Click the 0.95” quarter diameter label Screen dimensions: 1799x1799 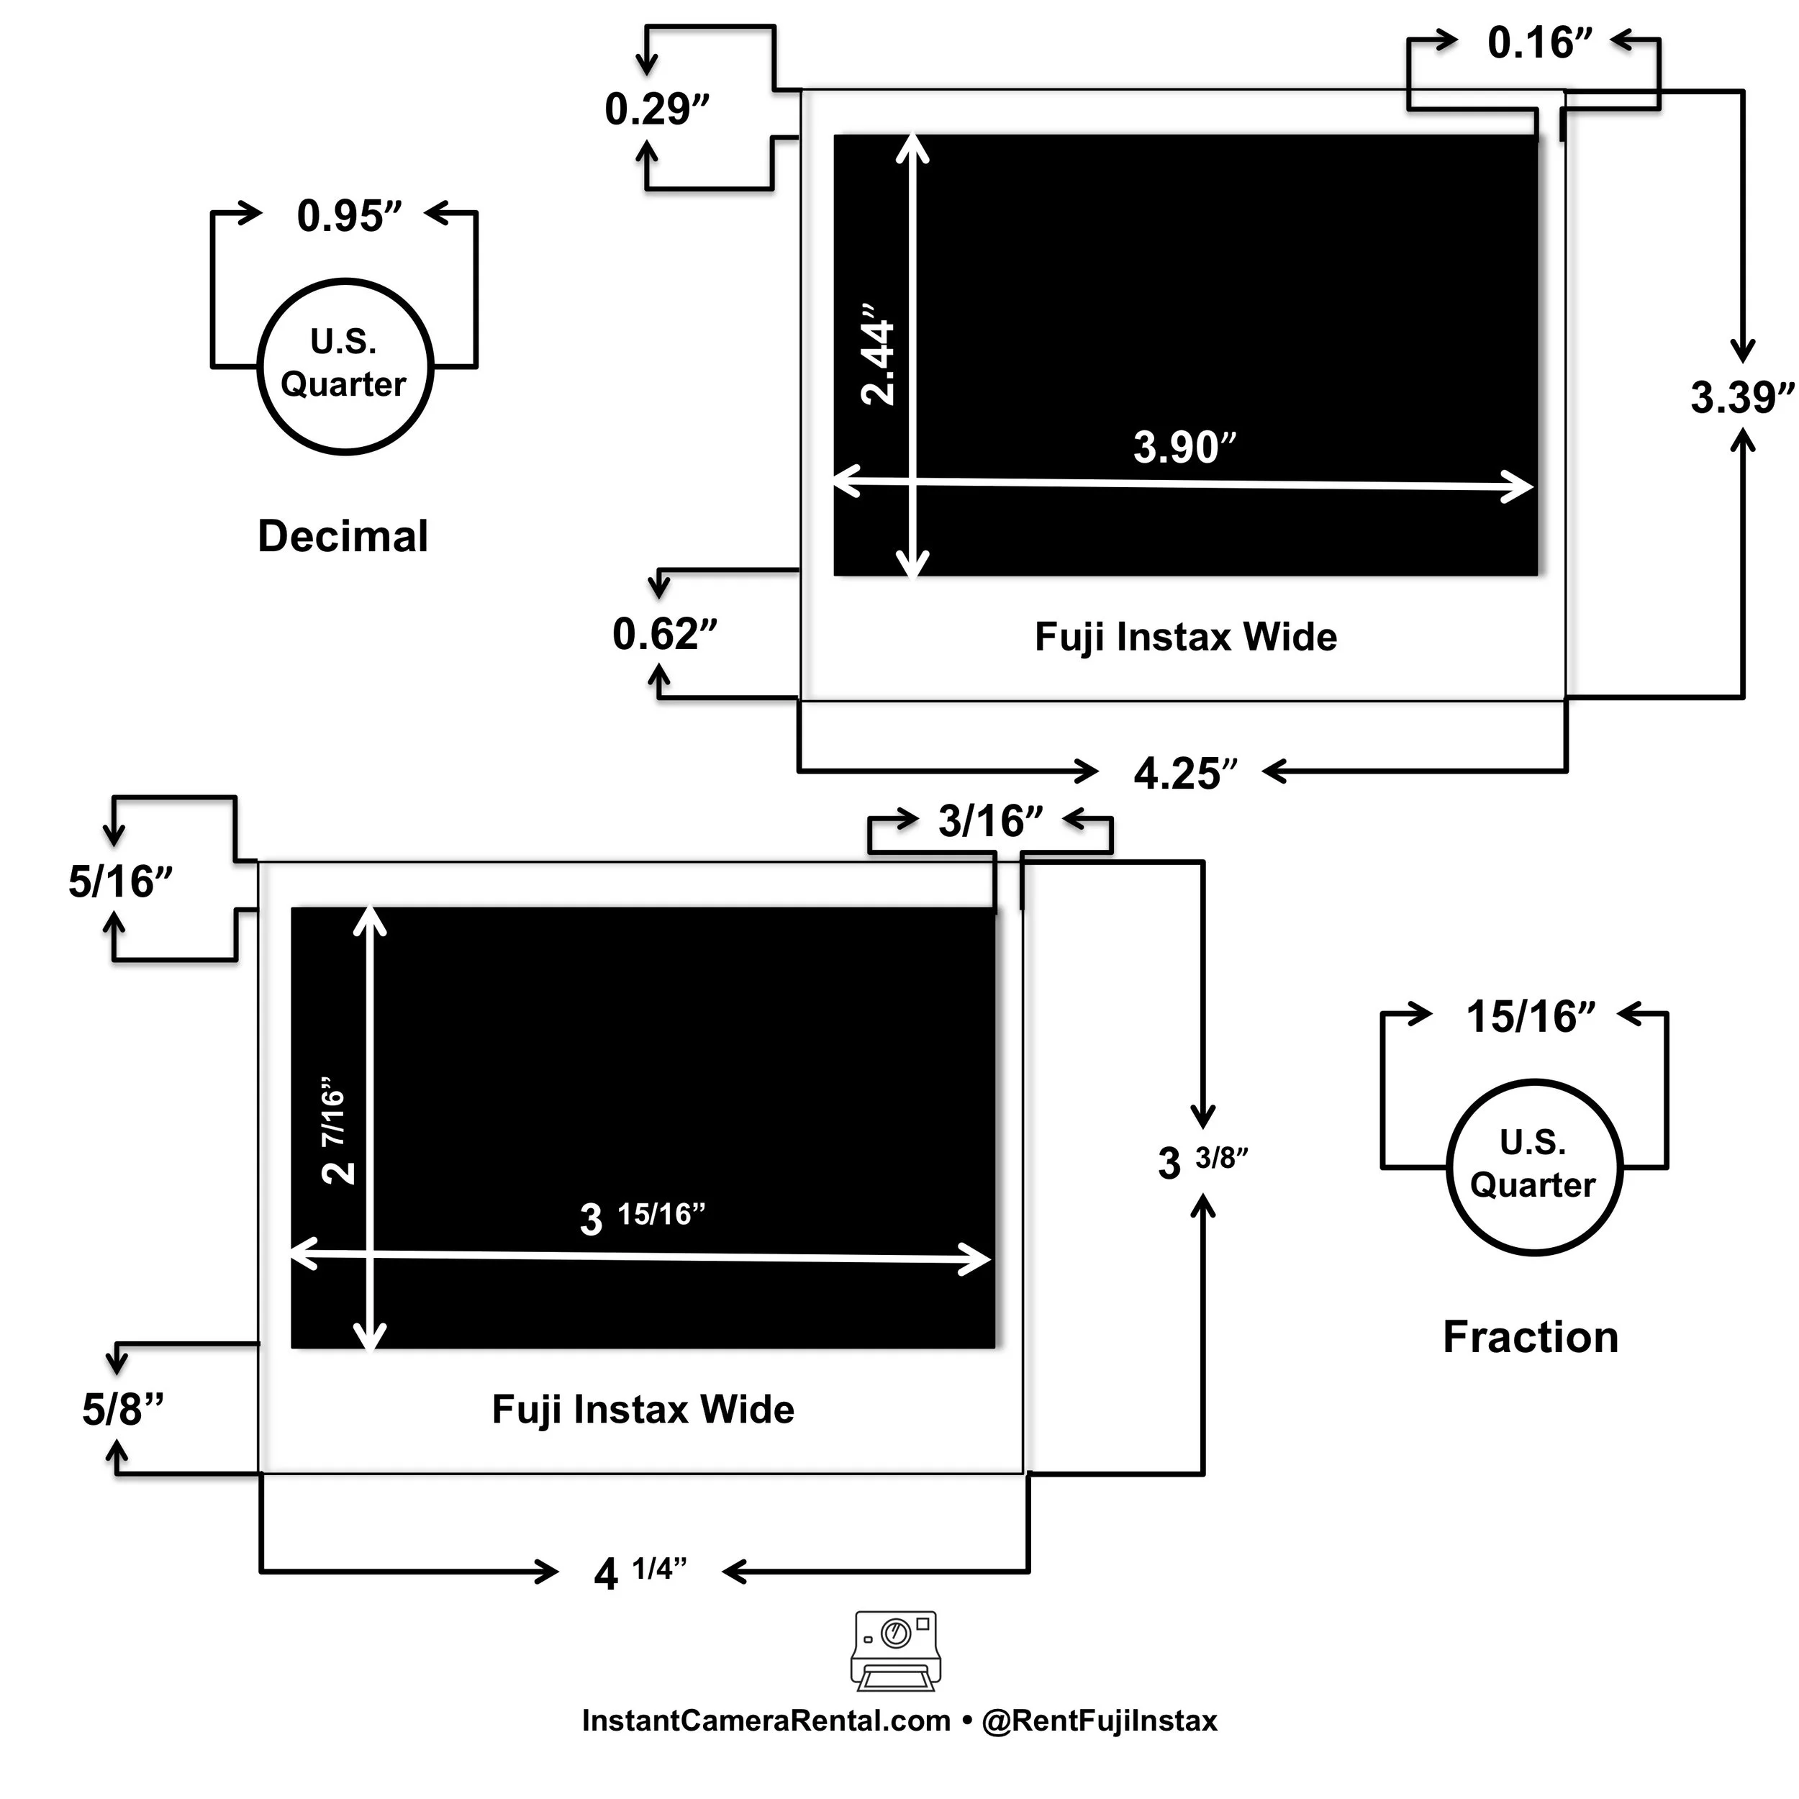(x=349, y=215)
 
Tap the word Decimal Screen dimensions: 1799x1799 (x=343, y=536)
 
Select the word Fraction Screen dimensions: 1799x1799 (x=1530, y=1337)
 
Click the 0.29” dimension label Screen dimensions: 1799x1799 (x=656, y=109)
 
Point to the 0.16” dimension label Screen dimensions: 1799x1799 (x=1540, y=43)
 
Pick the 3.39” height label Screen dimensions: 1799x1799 (x=1742, y=398)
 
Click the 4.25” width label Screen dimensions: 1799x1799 (x=1185, y=774)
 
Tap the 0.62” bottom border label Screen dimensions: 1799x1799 (x=665, y=634)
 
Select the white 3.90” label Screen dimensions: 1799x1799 (x=1184, y=447)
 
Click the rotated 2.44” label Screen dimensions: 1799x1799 (x=878, y=355)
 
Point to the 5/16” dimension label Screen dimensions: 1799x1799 (x=121, y=881)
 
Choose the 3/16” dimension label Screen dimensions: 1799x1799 (x=991, y=821)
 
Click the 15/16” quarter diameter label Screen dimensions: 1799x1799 (x=1531, y=1017)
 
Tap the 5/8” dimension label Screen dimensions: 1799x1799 (x=123, y=1409)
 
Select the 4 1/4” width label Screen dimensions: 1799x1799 (x=640, y=1573)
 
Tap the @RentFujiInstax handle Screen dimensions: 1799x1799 (x=1100, y=1721)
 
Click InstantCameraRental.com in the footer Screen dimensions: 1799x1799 (x=766, y=1721)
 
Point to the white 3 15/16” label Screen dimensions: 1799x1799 (x=643, y=1217)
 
